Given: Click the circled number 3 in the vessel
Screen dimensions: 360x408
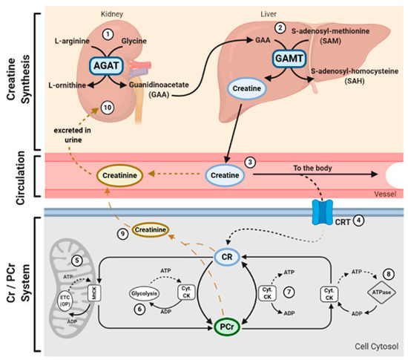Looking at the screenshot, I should tap(251, 162).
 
